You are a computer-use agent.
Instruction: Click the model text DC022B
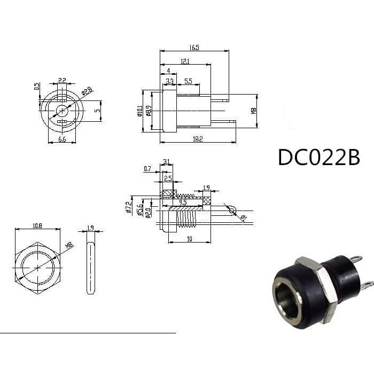(318, 157)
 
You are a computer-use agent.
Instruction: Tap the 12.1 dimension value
(184, 61)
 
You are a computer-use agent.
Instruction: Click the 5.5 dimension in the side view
(189, 81)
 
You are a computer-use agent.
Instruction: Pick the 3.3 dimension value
(169, 81)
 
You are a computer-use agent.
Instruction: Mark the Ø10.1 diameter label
(141, 111)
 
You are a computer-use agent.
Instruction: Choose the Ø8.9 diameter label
(148, 111)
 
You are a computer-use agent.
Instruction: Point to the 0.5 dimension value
(37, 86)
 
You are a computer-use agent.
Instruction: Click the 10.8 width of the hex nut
(37, 226)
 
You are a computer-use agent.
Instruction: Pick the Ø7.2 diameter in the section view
(128, 207)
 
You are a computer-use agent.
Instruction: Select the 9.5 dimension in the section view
(183, 202)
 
